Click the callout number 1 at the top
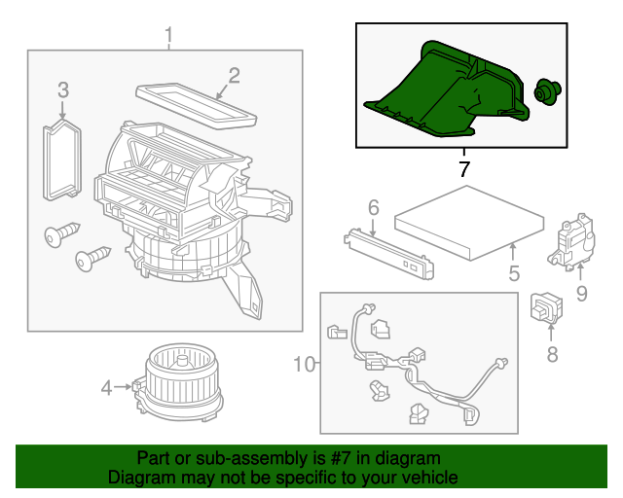(168, 37)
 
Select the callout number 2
(234, 75)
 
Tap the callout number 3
(62, 90)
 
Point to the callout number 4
(106, 388)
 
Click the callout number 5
(514, 274)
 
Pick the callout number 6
(373, 207)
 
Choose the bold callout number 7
(463, 169)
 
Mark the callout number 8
(552, 354)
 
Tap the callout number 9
(581, 291)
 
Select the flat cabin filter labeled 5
(469, 229)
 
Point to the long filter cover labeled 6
(386, 250)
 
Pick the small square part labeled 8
(541, 307)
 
